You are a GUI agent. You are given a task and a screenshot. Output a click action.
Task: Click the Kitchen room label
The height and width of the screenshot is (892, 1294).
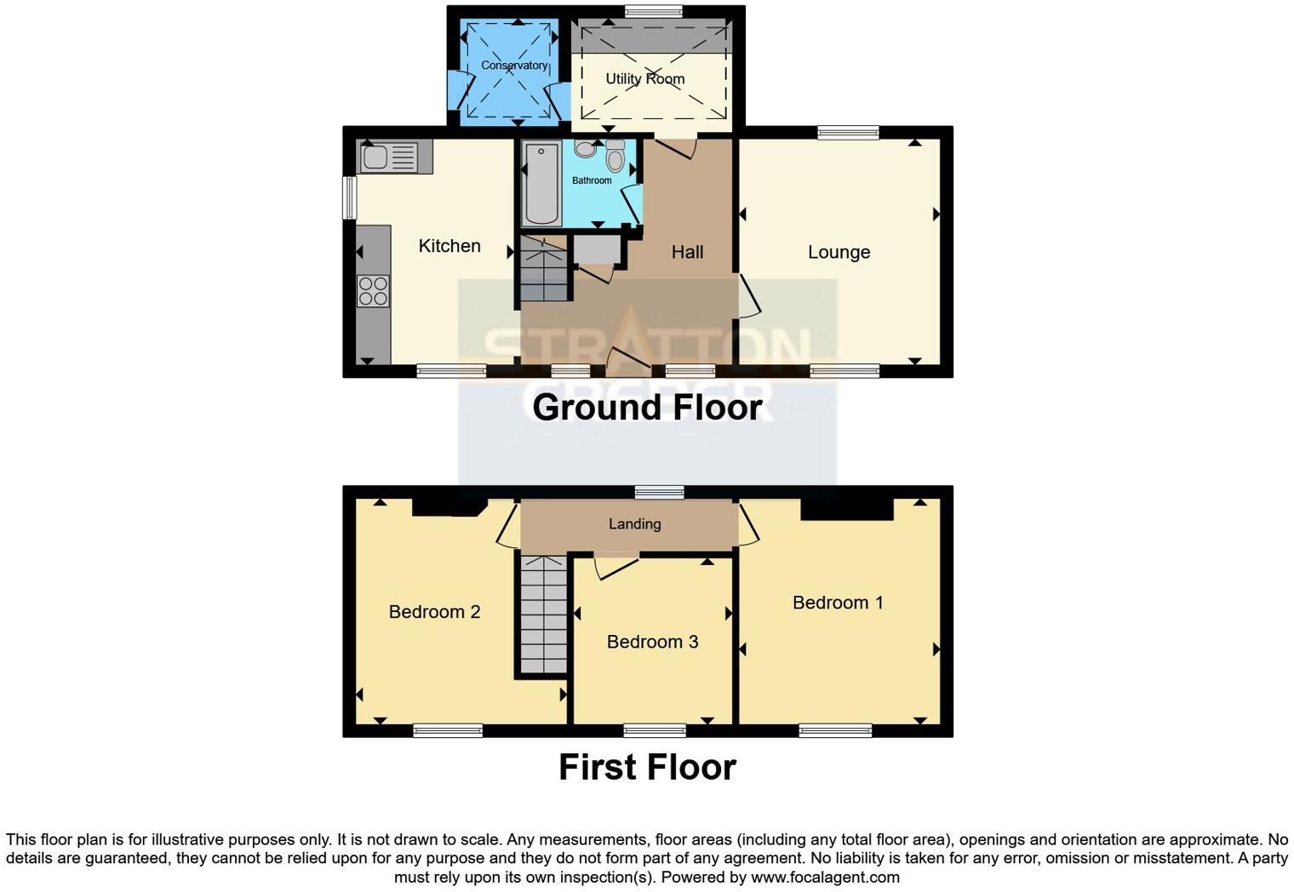pyautogui.click(x=449, y=246)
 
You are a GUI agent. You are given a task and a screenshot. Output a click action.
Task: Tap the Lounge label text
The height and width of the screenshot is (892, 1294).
pyautogui.click(x=839, y=252)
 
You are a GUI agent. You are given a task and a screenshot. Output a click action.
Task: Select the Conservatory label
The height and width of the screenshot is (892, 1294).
pyautogui.click(x=513, y=66)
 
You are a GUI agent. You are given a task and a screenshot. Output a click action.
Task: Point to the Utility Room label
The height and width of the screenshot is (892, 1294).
pyautogui.click(x=644, y=79)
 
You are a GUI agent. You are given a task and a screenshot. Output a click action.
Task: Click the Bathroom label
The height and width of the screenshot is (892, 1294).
pyautogui.click(x=591, y=180)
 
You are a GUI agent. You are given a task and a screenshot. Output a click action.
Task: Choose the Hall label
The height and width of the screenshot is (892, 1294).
pyautogui.click(x=687, y=252)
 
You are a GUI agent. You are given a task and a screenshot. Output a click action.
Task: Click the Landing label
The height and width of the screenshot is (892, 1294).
pyautogui.click(x=634, y=524)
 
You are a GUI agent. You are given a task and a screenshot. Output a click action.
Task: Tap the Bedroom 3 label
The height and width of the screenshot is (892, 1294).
pyautogui.click(x=652, y=642)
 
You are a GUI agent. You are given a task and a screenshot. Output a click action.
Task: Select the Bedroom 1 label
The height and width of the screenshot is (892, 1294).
pyautogui.click(x=838, y=603)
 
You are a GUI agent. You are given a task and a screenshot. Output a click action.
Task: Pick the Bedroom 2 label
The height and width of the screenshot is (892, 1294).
pyautogui.click(x=434, y=612)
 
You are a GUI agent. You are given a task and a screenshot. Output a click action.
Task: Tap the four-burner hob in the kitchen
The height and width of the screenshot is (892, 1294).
pyautogui.click(x=373, y=291)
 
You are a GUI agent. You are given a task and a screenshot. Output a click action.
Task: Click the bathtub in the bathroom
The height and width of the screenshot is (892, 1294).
pyautogui.click(x=541, y=184)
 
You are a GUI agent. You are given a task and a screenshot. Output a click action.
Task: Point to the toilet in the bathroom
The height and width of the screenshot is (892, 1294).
pyautogui.click(x=616, y=157)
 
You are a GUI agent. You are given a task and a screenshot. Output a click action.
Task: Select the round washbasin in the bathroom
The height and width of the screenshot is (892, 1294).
pyautogui.click(x=585, y=149)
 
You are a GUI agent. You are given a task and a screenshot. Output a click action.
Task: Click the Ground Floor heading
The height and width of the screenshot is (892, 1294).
pyautogui.click(x=647, y=407)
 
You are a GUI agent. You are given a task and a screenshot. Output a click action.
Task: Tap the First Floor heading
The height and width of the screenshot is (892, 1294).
pyautogui.click(x=647, y=767)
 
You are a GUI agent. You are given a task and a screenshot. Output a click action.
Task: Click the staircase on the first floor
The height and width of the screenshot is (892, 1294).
pyautogui.click(x=543, y=615)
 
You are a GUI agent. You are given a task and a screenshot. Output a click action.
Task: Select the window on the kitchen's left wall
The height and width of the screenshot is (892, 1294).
pyautogui.click(x=349, y=197)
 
